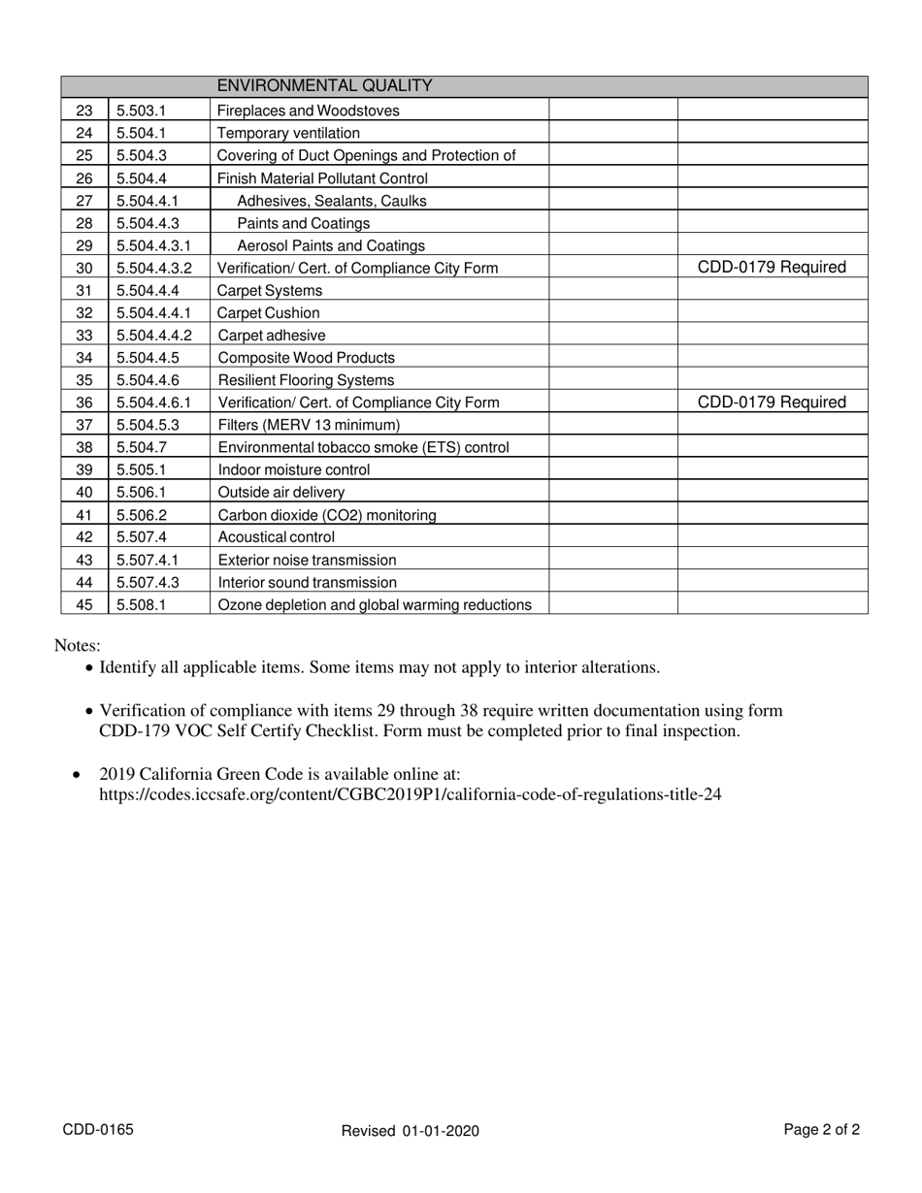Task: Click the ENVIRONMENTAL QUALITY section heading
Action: tap(324, 86)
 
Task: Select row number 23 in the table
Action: tap(84, 111)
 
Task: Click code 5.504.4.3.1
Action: tap(153, 245)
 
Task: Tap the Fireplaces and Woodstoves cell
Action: tap(308, 111)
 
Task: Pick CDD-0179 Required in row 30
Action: tap(772, 268)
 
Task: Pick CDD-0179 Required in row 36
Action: tap(772, 403)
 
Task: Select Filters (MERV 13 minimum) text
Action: tap(309, 425)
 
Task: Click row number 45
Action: tap(84, 605)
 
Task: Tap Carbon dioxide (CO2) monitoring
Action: tap(327, 515)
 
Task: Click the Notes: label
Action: tap(78, 646)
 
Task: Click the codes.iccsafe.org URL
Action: tap(410, 794)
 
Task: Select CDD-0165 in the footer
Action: tap(98, 1130)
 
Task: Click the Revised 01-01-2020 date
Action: tap(411, 1131)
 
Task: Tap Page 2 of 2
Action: tap(821, 1130)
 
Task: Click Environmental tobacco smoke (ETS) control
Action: tap(363, 447)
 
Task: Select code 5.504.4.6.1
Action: tap(153, 403)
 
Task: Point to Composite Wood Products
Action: tap(306, 358)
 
